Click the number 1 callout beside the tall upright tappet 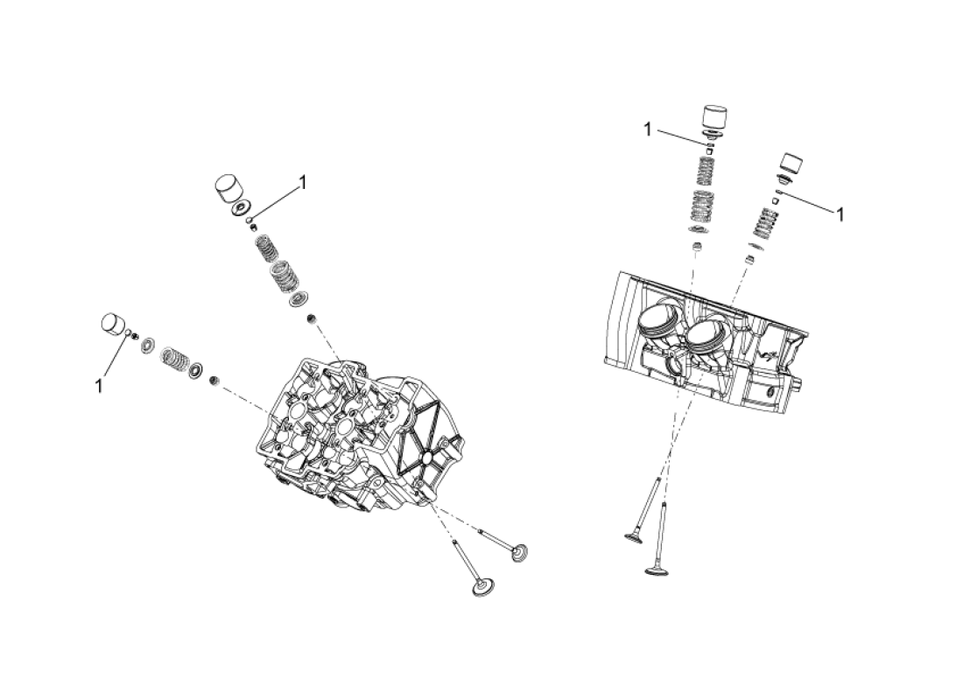tap(647, 129)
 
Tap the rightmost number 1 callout tap(840, 214)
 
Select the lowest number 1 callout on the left tap(98, 386)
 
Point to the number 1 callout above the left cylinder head tap(302, 182)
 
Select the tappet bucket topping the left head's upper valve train tap(228, 186)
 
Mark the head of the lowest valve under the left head tap(481, 586)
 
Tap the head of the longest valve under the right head tap(656, 571)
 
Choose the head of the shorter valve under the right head tap(635, 536)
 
